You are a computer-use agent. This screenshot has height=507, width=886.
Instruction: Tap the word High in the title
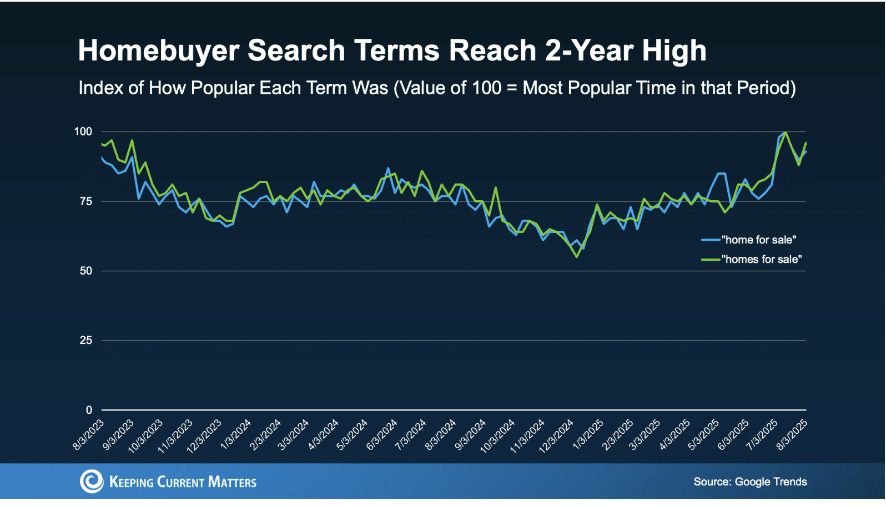[674, 51]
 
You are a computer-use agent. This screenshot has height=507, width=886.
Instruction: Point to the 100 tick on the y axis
[83, 131]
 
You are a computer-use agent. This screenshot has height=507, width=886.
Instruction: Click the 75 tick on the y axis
[85, 201]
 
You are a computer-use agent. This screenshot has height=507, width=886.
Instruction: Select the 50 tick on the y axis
[85, 271]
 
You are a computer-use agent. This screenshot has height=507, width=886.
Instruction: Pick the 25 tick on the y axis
[85, 340]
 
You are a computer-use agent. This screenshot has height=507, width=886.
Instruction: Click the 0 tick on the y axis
[89, 410]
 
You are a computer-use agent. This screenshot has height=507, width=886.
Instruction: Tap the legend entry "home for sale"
[758, 240]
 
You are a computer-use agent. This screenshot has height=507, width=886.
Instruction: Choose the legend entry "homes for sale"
[761, 259]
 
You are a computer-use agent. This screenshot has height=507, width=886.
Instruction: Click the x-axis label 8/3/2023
[89, 434]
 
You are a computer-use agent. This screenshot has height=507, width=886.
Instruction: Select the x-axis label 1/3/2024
[236, 434]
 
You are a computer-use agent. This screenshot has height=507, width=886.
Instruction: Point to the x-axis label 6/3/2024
[382, 434]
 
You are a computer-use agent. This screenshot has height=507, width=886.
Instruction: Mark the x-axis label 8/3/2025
[792, 434]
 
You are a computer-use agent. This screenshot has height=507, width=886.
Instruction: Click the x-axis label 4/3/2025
[674, 434]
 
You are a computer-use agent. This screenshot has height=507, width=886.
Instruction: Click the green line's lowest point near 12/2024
[577, 256]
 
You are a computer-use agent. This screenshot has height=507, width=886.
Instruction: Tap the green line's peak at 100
[786, 132]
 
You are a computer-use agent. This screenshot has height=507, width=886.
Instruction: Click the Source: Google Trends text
[750, 481]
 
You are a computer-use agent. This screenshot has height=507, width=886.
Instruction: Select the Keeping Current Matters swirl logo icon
[92, 481]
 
